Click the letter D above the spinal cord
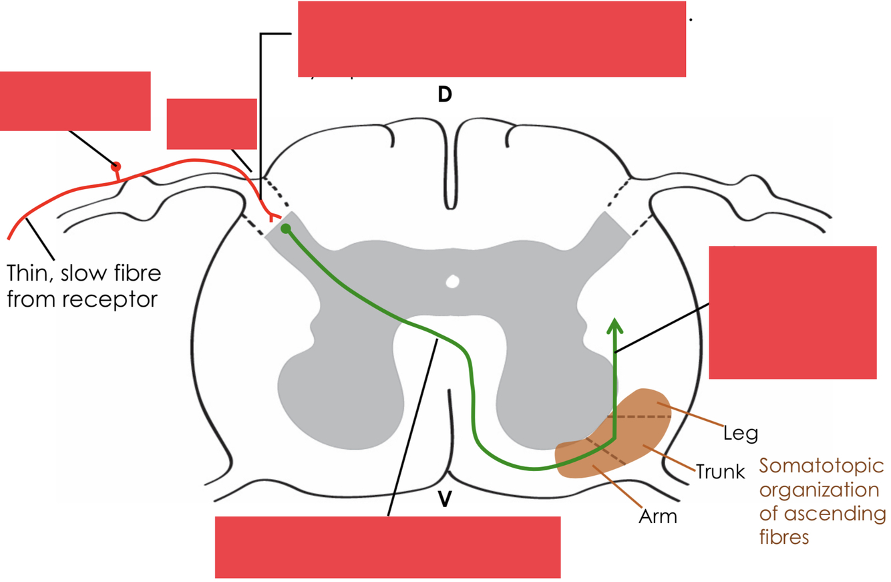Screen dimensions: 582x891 tap(444, 95)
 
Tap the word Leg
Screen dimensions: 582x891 tap(741, 434)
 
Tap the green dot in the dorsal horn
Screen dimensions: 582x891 tap(286, 229)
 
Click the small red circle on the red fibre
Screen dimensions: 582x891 tap(116, 166)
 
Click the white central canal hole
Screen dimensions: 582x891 tap(453, 281)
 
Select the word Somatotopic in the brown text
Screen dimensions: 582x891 tap(822, 465)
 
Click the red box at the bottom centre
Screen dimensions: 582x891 tap(387, 547)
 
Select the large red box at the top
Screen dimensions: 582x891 tap(492, 39)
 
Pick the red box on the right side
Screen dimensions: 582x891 tap(792, 312)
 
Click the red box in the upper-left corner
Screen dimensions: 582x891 tap(75, 100)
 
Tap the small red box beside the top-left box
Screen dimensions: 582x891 tap(211, 124)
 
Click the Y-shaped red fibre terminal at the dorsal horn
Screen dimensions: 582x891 tap(271, 216)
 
